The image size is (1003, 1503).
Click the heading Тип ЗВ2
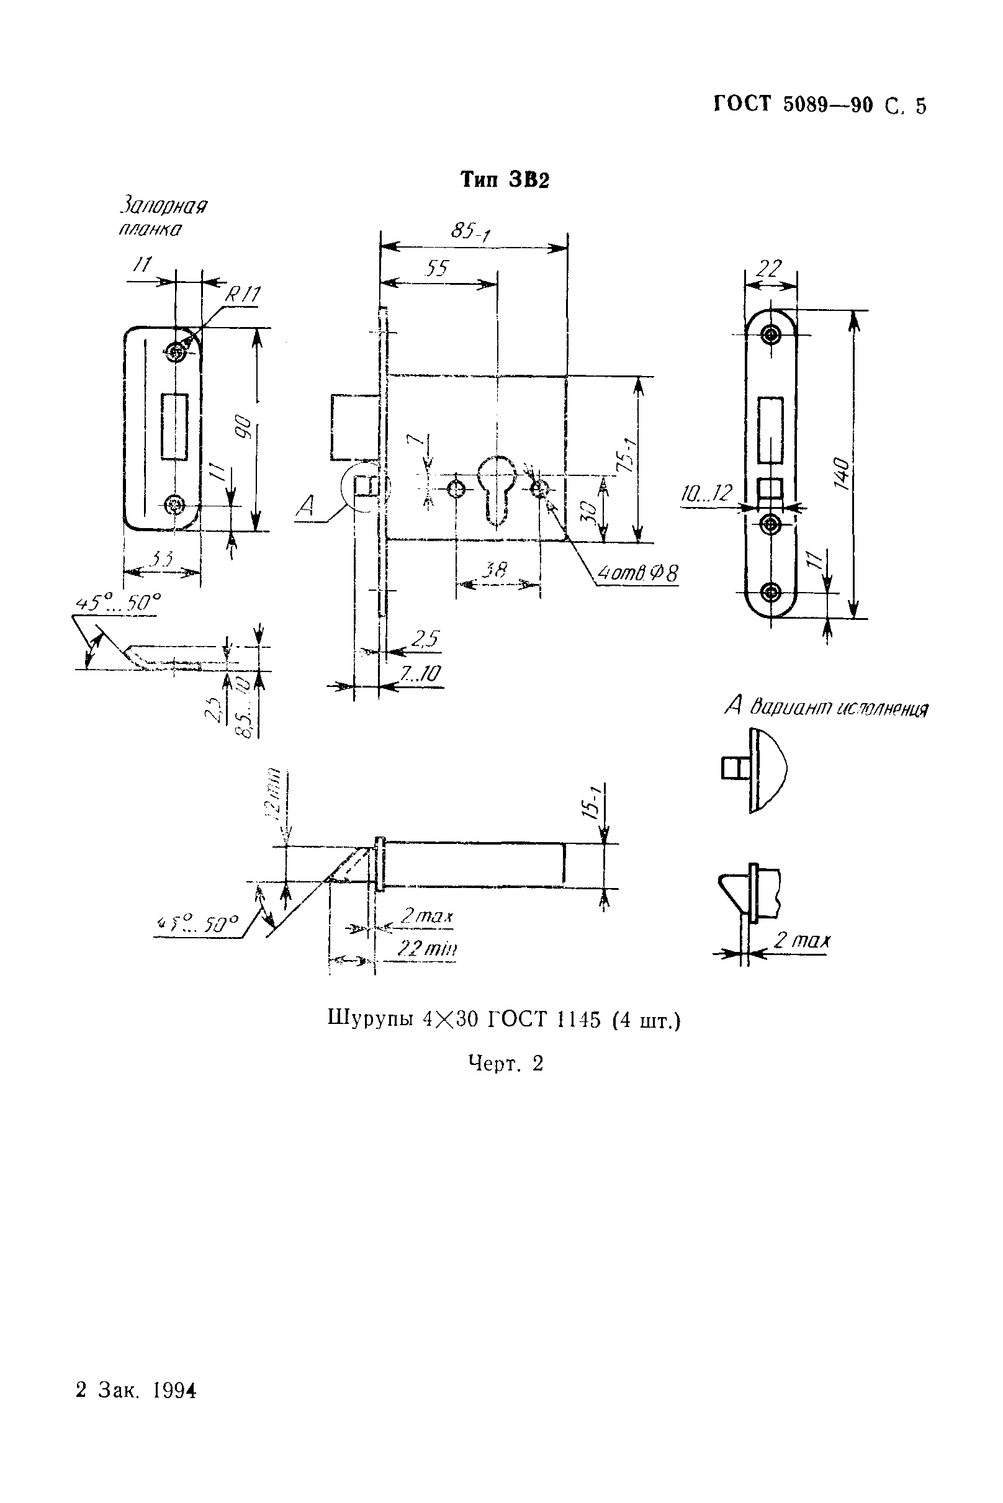505,181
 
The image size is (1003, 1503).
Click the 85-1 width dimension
470,231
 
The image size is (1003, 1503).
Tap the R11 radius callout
243,294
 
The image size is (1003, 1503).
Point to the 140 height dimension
842,473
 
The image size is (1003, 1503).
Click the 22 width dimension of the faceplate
769,269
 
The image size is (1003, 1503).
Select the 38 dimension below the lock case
494,569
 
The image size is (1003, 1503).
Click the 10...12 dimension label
706,493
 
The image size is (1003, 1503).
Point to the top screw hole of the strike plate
174,351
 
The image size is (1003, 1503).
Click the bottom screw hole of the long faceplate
772,591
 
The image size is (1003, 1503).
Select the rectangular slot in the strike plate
174,426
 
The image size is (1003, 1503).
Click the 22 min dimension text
426,947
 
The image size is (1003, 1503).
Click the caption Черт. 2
505,1063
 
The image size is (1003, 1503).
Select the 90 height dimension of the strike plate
244,430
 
